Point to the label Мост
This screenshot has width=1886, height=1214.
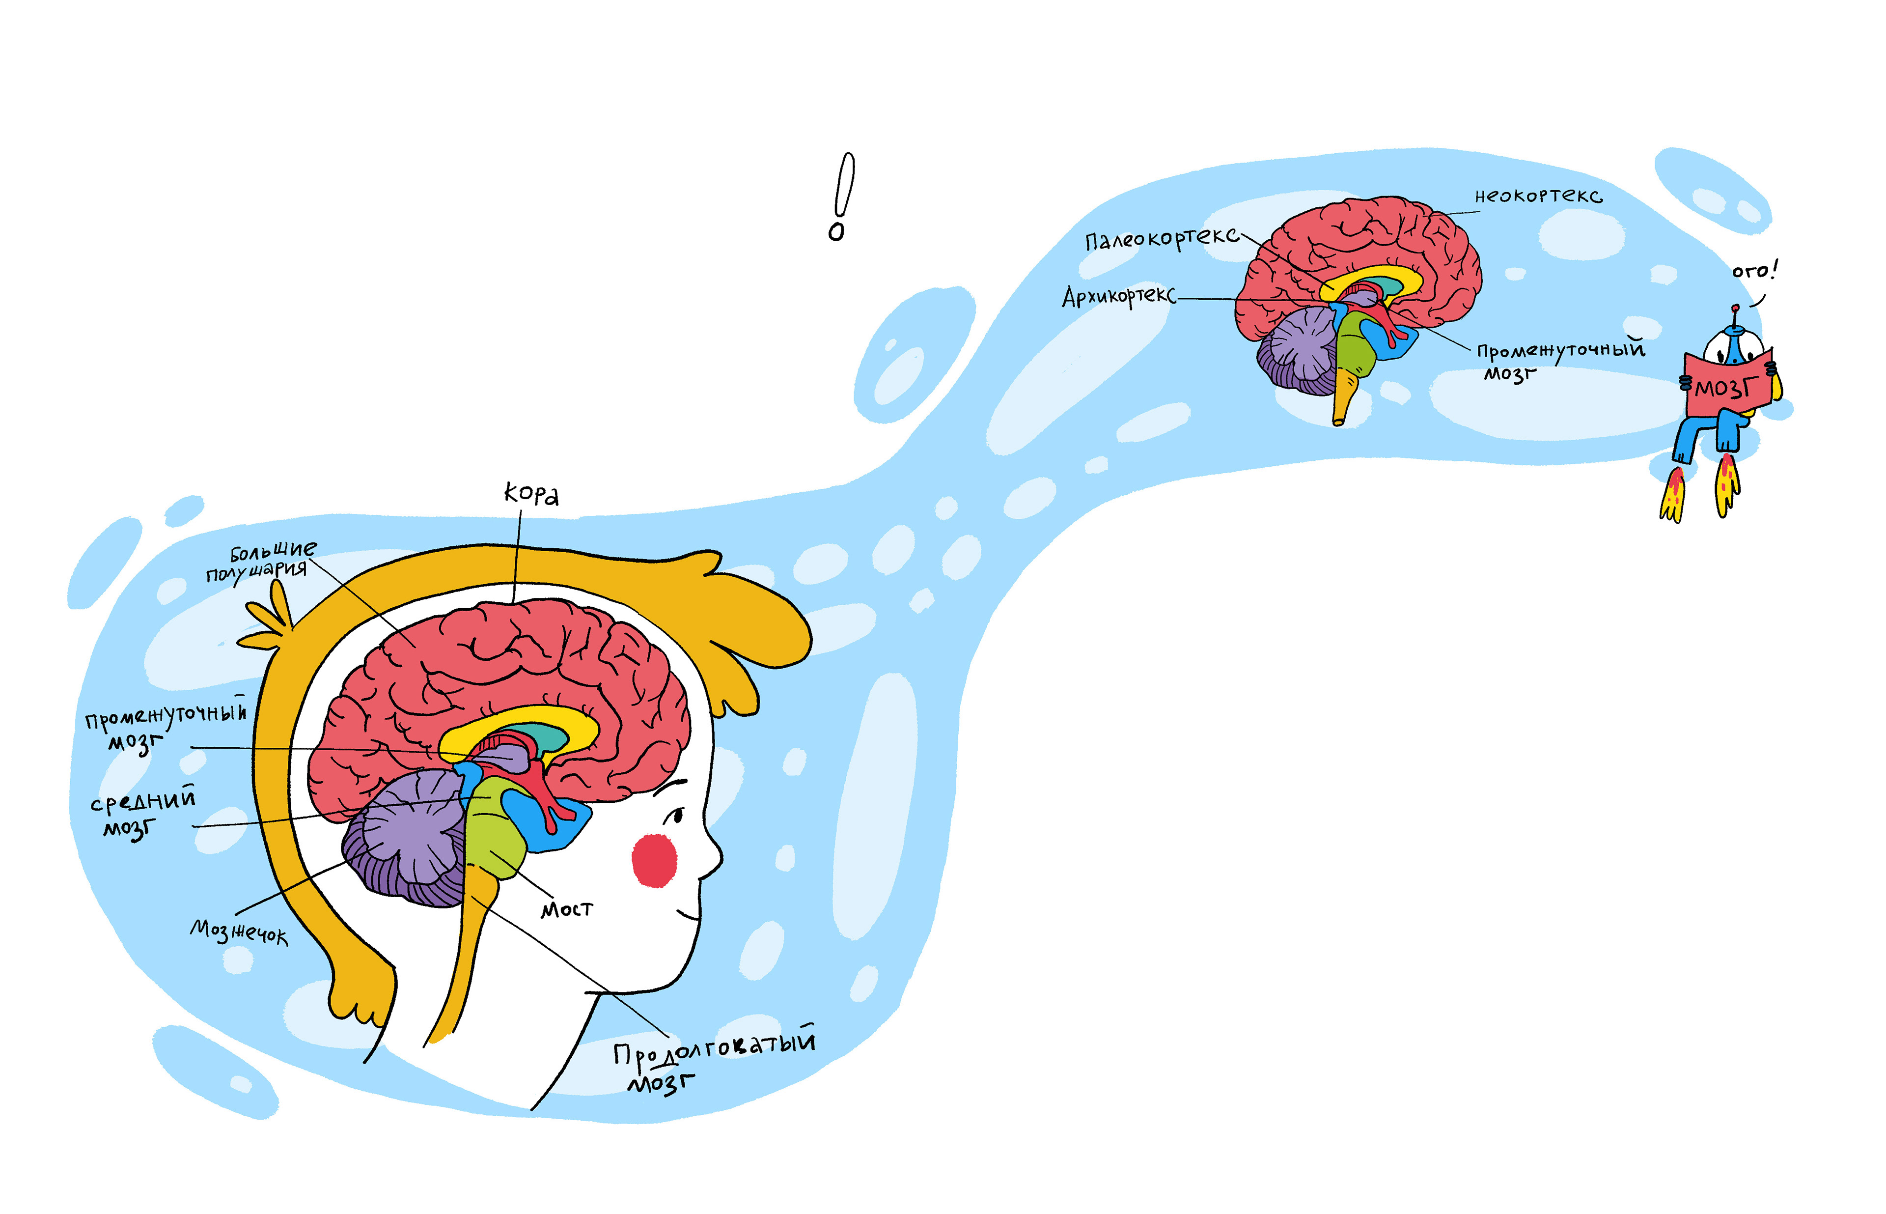(566, 909)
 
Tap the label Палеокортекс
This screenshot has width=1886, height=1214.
(1160, 238)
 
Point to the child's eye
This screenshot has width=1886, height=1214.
(675, 817)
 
